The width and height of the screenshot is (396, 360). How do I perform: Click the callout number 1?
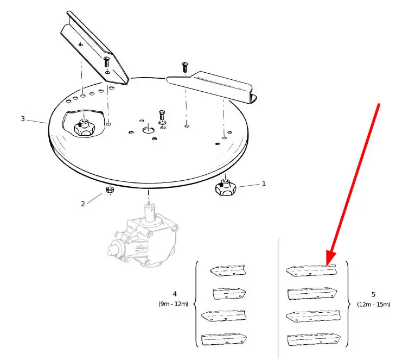(x=264, y=184)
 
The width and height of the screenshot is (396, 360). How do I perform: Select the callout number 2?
(x=83, y=204)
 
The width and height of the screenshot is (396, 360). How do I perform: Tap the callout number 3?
(x=23, y=118)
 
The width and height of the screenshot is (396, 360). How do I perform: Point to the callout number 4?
(x=175, y=295)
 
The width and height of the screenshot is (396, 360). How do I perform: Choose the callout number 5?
(x=373, y=295)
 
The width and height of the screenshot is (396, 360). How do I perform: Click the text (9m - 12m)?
(x=174, y=304)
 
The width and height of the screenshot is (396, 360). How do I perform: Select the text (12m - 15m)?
(x=373, y=304)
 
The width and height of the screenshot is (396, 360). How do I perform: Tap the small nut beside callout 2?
(x=108, y=190)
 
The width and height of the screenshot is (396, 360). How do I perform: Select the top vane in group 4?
(x=228, y=270)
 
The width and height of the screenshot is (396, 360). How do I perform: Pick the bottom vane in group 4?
(x=223, y=340)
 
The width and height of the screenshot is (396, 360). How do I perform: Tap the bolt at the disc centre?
(x=162, y=117)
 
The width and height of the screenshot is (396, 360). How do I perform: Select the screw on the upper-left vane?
(x=106, y=61)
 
